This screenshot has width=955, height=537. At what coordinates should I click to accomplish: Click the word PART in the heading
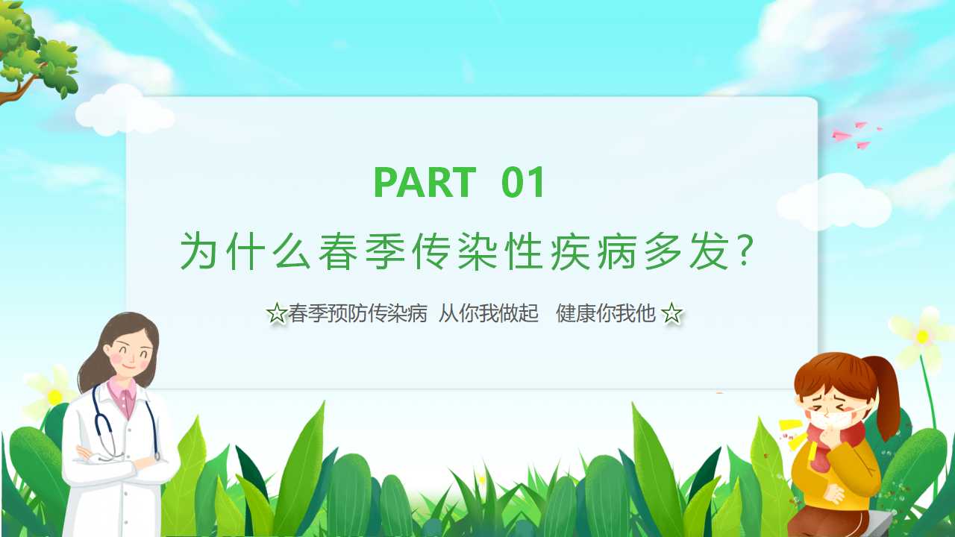pyautogui.click(x=425, y=182)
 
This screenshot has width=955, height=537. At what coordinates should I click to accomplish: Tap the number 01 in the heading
pyautogui.click(x=523, y=182)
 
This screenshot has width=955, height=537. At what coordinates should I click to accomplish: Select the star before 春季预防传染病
pyautogui.click(x=277, y=313)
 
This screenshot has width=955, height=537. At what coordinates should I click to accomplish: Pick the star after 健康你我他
pyautogui.click(x=671, y=313)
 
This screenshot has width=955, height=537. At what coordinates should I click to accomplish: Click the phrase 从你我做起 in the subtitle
pyautogui.click(x=489, y=313)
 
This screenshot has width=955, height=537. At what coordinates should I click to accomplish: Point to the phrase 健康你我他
pyautogui.click(x=606, y=313)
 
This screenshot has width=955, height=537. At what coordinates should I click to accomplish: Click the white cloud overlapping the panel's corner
pyautogui.click(x=125, y=111)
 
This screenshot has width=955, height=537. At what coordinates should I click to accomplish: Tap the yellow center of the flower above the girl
pyautogui.click(x=922, y=336)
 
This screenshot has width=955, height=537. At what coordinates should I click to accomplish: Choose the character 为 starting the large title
pyautogui.click(x=198, y=251)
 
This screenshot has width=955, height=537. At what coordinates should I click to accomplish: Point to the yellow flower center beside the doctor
pyautogui.click(x=55, y=398)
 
